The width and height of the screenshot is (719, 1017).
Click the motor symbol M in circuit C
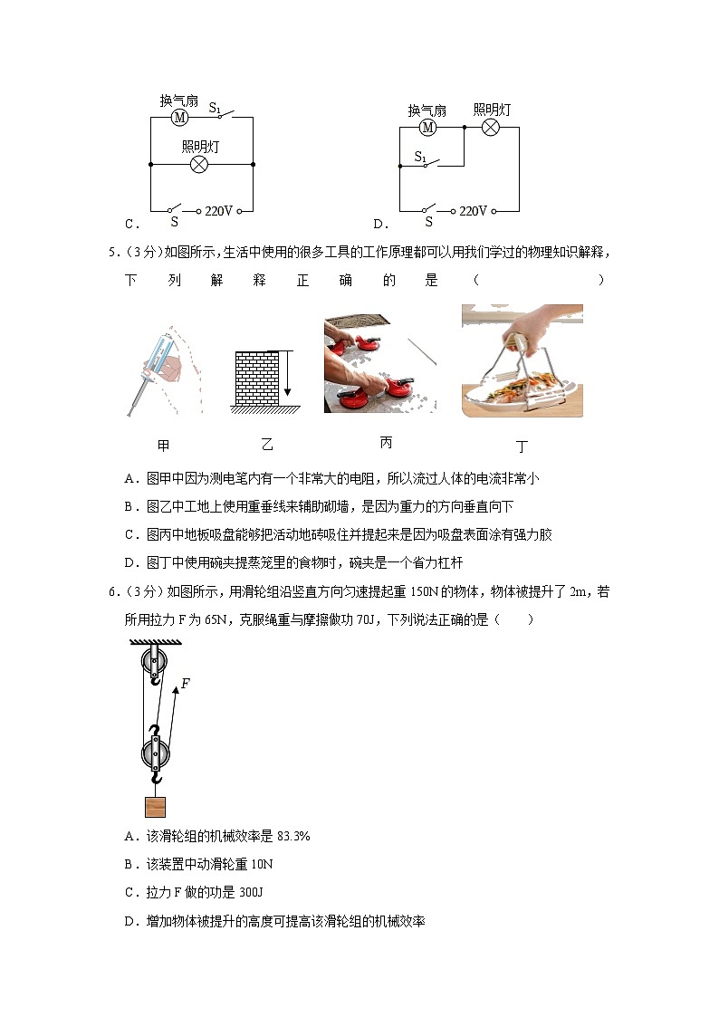click(179, 118)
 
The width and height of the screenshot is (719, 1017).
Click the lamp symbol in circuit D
click(491, 128)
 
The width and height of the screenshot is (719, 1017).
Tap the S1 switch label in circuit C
click(216, 108)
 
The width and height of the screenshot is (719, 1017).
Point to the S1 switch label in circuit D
click(421, 157)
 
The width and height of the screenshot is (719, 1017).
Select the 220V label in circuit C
click(218, 211)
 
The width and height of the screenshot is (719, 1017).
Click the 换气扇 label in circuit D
click(427, 110)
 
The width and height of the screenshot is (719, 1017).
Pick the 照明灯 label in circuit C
click(199, 146)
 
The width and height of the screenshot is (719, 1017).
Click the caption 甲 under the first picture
click(163, 446)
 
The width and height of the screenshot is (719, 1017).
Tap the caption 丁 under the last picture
click(522, 446)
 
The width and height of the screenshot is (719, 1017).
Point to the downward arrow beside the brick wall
click(287, 373)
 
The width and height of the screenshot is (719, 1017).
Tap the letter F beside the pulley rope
click(185, 684)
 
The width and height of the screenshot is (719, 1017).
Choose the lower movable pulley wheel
click(155, 752)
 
